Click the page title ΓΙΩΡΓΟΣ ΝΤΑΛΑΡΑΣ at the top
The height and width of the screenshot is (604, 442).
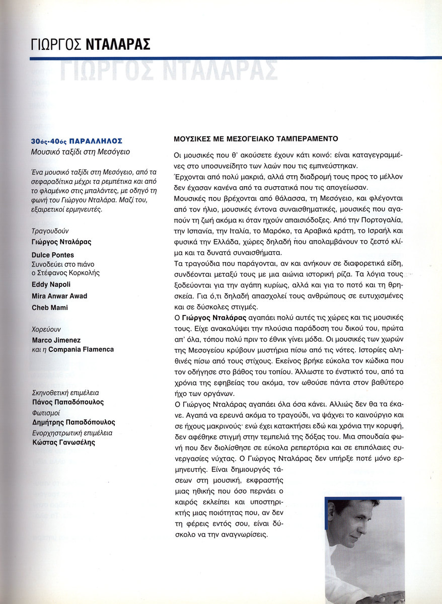point(91,44)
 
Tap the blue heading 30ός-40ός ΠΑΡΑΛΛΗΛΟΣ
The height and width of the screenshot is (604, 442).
point(77,141)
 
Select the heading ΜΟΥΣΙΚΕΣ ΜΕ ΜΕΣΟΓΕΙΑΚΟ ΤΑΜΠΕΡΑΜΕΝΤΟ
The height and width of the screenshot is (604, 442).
point(255,138)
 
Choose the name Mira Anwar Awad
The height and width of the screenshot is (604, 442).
point(59,296)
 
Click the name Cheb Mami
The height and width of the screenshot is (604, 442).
point(50,308)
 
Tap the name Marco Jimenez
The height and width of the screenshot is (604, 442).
point(56,340)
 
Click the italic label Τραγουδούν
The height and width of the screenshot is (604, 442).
point(50,232)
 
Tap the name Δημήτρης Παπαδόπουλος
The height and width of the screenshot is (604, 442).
point(73,422)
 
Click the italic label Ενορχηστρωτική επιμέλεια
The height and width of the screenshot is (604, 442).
point(71,432)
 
